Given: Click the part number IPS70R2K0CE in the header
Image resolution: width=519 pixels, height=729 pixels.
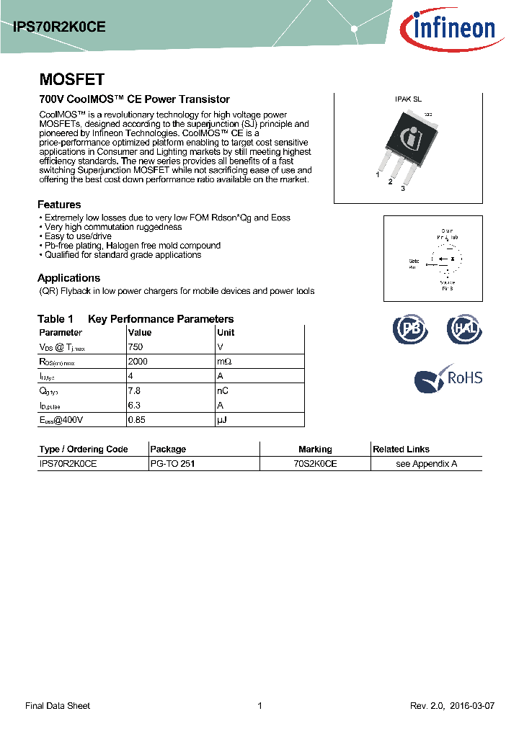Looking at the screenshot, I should (60, 27).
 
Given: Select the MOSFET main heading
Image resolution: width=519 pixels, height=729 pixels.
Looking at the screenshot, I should (71, 79).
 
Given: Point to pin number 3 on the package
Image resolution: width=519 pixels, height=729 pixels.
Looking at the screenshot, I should (403, 188).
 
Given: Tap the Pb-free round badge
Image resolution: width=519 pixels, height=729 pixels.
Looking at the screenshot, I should (409, 328).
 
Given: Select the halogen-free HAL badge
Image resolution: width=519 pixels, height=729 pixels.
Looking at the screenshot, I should (463, 328).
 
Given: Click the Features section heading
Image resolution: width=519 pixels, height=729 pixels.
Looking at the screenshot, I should (59, 205).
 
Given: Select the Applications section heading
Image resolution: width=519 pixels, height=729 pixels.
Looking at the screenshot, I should (68, 278).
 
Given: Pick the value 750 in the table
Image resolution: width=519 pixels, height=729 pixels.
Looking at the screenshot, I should (135, 346).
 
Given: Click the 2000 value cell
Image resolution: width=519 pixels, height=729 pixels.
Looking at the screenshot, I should (137, 361).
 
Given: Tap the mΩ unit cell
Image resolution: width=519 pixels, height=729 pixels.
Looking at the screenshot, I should (224, 361).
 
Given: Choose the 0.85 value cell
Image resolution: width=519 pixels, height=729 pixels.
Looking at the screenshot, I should (136, 419).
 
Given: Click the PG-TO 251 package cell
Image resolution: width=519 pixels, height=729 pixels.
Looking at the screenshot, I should (172, 464).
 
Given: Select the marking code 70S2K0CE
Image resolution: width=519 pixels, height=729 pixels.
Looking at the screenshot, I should (315, 464).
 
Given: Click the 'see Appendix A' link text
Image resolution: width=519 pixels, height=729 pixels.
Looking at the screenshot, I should (426, 464).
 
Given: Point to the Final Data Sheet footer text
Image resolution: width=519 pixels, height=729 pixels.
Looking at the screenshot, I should (58, 706).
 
